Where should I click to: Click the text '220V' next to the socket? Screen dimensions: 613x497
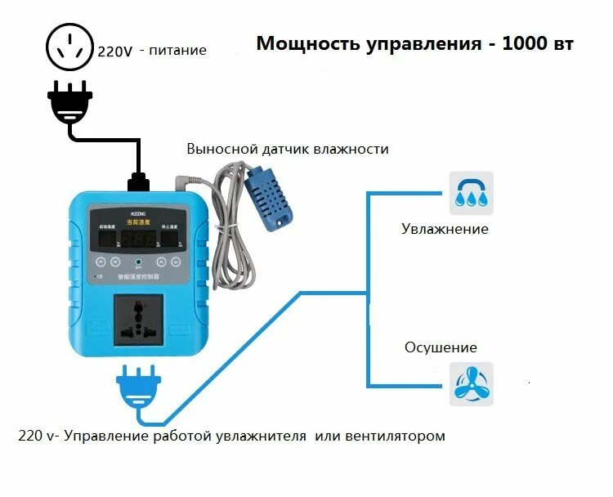pos(116,51)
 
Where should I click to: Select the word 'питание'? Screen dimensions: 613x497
pos(178,51)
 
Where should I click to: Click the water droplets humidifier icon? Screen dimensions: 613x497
pos(472,193)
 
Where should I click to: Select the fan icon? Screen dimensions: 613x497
pos(472,384)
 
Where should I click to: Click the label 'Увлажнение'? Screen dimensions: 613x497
pos(445,229)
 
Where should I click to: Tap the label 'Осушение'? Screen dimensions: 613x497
pos(441,347)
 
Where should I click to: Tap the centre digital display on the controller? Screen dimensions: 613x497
pos(139,237)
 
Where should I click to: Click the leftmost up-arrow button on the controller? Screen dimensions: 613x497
pos(101,262)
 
